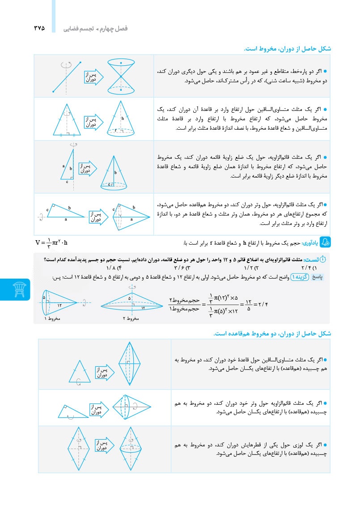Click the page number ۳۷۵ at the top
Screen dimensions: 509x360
39,28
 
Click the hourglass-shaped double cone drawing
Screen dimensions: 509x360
122,76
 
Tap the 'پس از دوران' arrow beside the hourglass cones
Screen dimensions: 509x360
93,77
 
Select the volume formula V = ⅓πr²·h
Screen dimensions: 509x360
51,243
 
